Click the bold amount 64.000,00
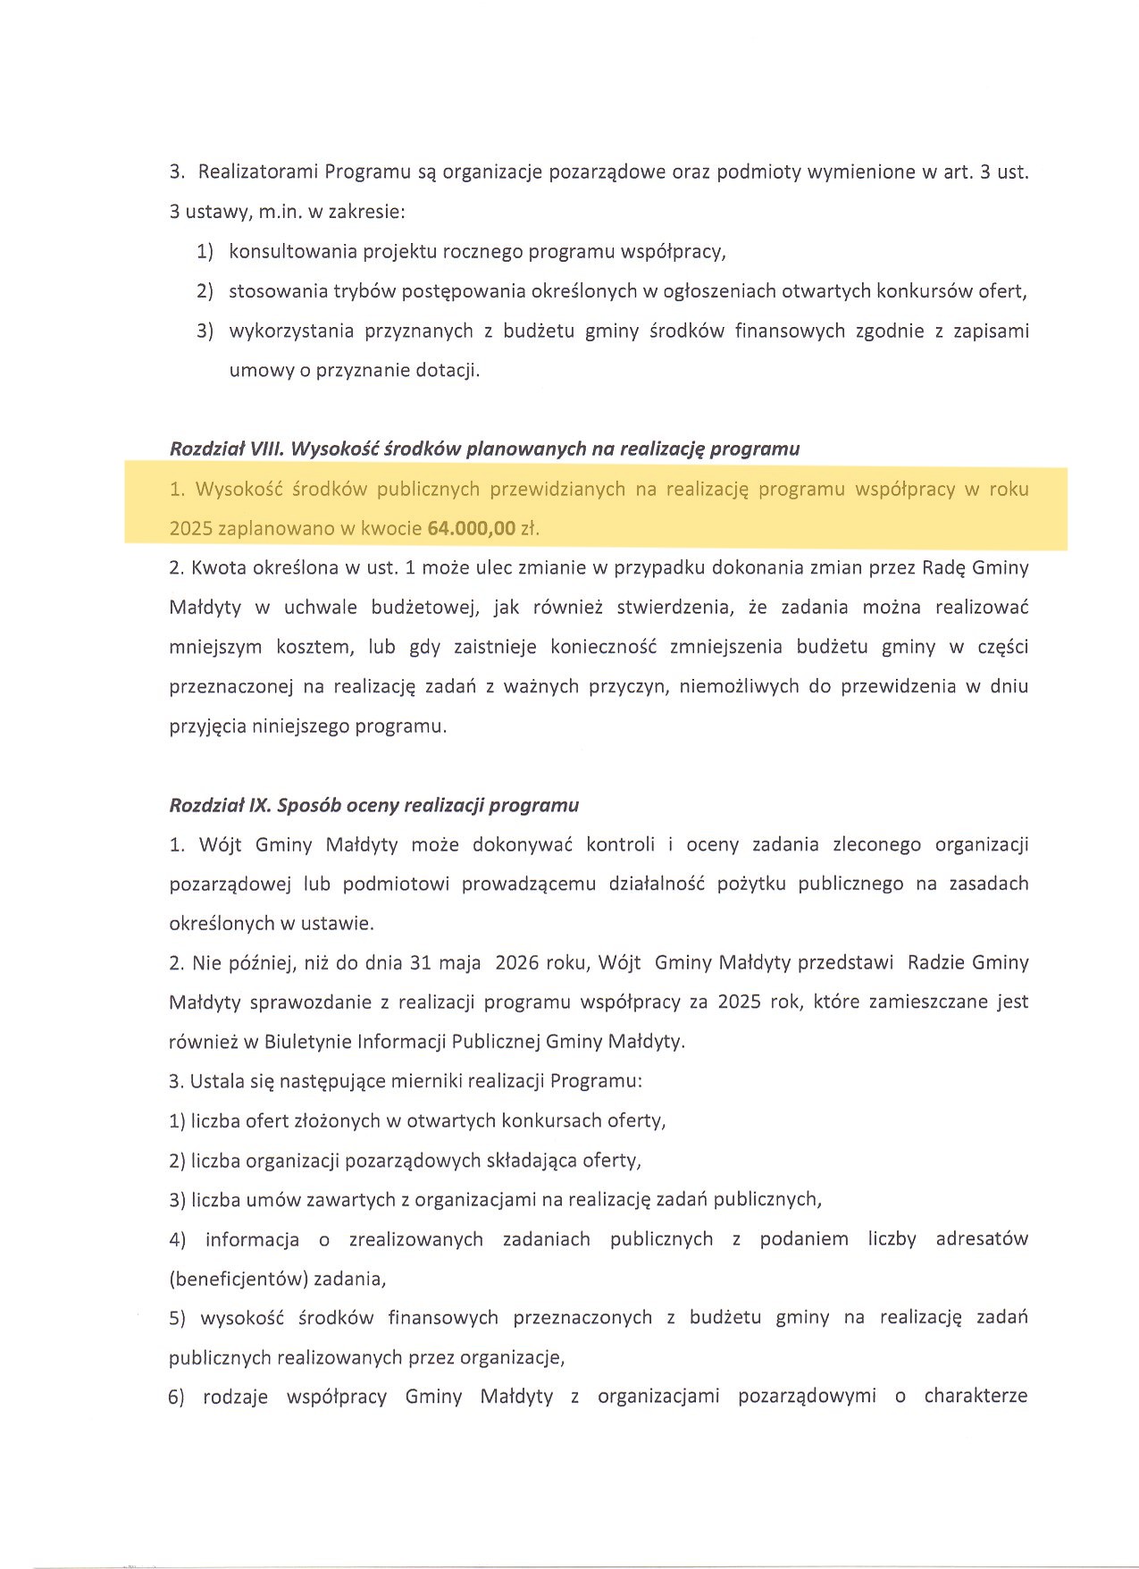pos(471,528)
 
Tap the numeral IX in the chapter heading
pos(259,805)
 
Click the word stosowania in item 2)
pos(277,291)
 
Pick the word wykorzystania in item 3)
pos(289,331)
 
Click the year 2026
pos(516,962)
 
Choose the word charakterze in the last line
pos(976,1396)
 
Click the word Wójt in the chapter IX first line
pos(220,844)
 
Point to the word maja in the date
pos(461,962)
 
